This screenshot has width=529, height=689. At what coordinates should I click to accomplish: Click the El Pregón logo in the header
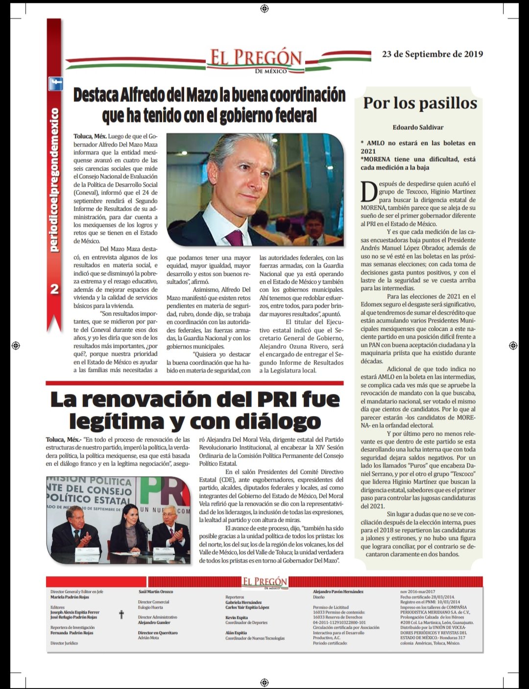(256, 60)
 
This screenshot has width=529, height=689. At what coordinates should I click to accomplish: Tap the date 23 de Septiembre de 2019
(432, 54)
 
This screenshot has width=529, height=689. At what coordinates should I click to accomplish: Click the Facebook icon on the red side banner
(55, 84)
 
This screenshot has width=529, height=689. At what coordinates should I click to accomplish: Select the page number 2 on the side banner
(54, 289)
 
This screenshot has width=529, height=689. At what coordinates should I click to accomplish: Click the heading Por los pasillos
(420, 103)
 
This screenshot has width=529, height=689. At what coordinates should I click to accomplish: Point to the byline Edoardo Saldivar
(418, 127)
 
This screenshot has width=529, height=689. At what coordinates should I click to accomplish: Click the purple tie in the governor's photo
(235, 238)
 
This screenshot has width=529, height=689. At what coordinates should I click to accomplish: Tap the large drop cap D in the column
(369, 192)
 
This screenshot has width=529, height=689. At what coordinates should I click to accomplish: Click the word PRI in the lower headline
(273, 399)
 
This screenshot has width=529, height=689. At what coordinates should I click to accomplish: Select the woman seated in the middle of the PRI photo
(128, 532)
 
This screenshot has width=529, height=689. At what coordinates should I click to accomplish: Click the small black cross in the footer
(121, 615)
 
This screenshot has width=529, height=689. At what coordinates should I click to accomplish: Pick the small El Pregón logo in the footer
(264, 583)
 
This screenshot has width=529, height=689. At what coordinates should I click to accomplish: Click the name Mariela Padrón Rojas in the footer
(70, 597)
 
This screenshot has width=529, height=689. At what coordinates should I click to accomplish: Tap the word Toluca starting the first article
(83, 136)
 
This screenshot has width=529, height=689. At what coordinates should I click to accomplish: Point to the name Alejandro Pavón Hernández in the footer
(338, 592)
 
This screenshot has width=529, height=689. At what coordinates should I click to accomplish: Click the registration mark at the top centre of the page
(264, 8)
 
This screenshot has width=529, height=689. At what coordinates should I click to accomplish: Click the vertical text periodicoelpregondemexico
(54, 180)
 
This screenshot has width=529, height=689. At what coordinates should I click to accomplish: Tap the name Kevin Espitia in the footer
(237, 617)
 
